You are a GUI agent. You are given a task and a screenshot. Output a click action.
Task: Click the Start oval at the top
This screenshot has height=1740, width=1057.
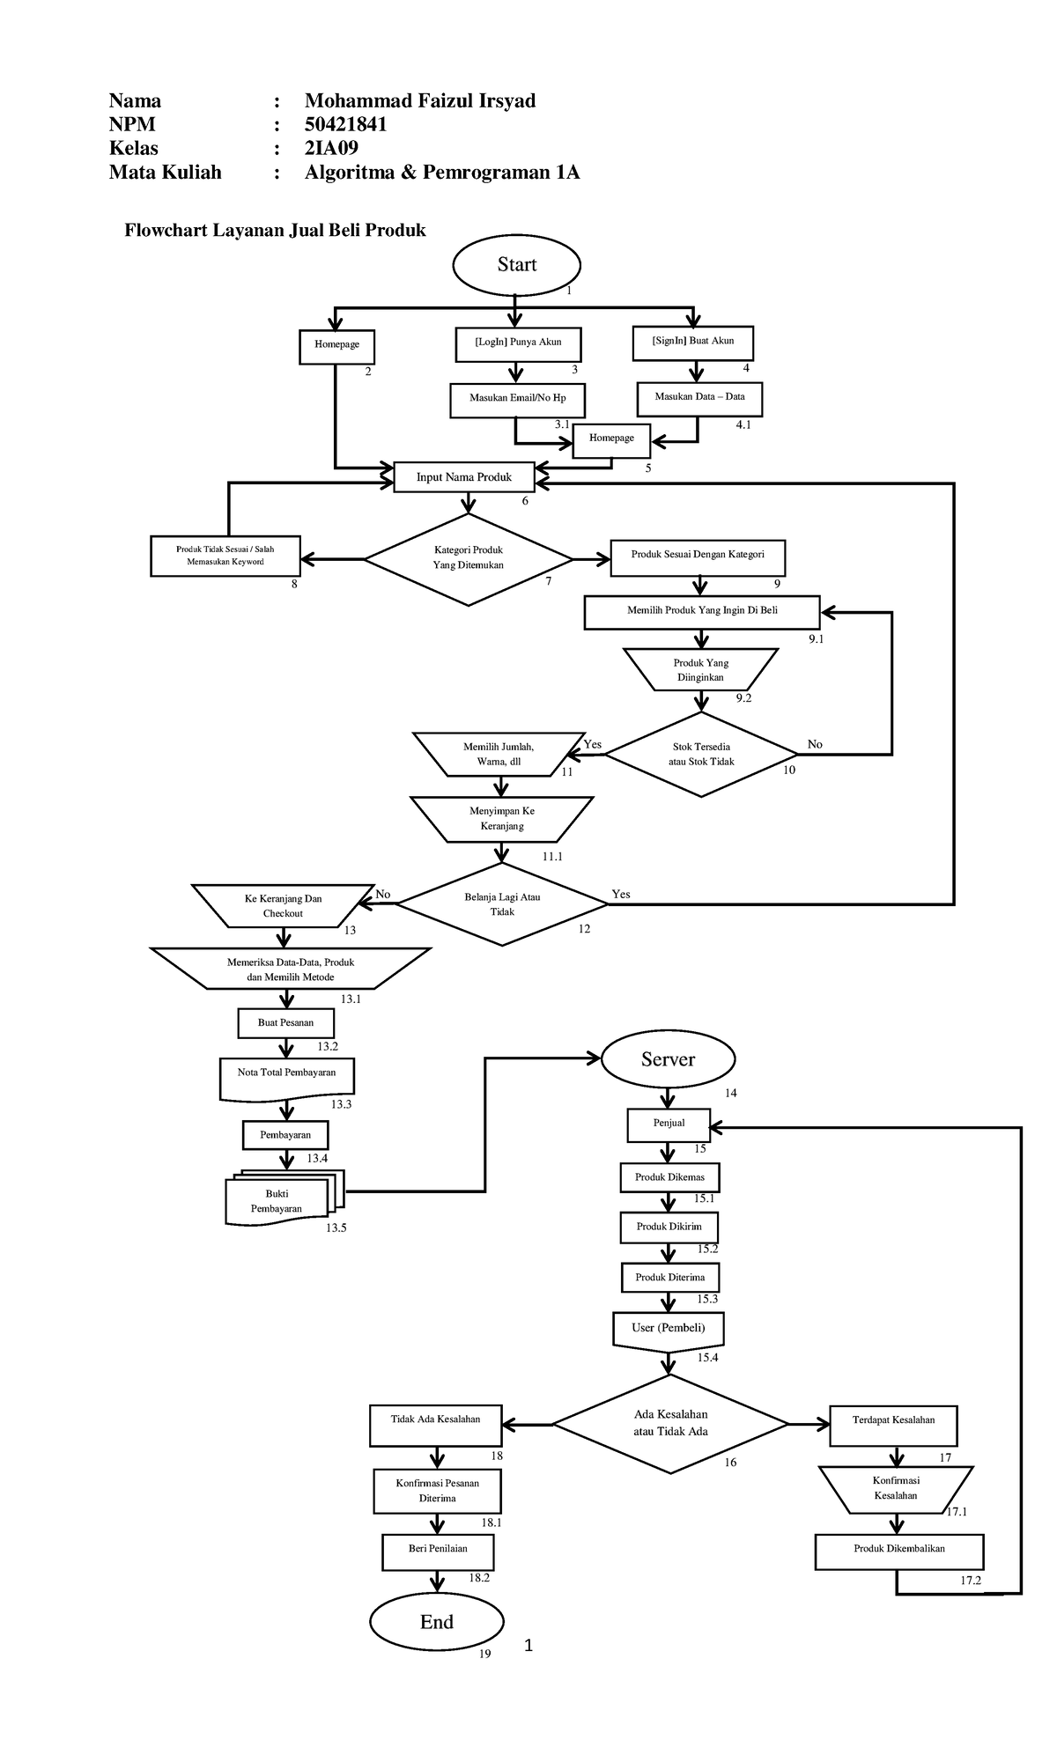coord(516,264)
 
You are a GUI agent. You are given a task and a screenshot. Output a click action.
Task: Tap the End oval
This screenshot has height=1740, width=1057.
coord(437,1622)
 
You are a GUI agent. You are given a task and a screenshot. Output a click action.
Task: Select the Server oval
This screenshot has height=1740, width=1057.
coord(668,1059)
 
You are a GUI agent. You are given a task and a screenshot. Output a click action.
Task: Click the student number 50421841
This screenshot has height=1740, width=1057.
coord(345,124)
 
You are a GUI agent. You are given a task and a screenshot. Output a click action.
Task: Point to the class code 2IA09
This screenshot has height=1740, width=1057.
coord(331,148)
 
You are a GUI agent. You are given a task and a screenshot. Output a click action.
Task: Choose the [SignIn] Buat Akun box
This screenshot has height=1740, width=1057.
coord(693,341)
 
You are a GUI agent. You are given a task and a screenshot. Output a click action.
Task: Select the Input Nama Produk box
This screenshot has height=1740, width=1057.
coord(464,477)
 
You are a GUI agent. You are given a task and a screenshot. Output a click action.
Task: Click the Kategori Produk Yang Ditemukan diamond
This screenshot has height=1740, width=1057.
coord(468,558)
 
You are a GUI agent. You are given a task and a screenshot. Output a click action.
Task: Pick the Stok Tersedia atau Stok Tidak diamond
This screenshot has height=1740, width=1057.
coord(701,754)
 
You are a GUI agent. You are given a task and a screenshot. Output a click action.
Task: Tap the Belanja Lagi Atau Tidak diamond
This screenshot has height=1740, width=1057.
coord(502,904)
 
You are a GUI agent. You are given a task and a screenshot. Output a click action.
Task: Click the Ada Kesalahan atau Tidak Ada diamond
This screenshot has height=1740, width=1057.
coord(670,1424)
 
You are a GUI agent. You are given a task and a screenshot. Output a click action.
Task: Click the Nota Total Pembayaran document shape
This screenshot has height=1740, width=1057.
coord(286,1076)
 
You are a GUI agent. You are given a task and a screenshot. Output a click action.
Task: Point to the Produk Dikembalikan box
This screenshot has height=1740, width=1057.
coord(898,1549)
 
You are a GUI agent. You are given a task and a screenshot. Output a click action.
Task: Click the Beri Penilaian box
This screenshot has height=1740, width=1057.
coord(438,1549)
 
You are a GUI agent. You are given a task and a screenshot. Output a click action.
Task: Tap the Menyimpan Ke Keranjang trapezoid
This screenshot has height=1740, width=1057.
coord(502,819)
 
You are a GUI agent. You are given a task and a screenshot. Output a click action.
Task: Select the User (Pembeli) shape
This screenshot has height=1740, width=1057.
coord(668,1329)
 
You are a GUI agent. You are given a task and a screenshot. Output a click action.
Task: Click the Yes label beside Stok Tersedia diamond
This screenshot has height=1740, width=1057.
coord(593,744)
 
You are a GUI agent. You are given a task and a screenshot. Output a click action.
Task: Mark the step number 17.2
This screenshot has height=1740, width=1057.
coord(971,1580)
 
